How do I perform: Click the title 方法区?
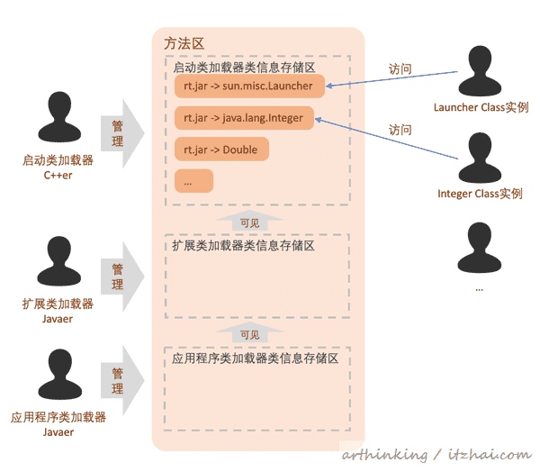point(184,43)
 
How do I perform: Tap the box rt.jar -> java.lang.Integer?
point(244,117)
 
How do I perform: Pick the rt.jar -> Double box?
point(221,149)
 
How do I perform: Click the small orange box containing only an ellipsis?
point(193,180)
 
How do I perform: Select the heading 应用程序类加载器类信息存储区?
point(255,359)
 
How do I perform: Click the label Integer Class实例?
point(480,194)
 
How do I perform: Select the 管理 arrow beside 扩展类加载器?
point(122,276)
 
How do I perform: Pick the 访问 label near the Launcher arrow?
point(400,68)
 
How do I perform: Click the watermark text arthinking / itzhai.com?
point(436,455)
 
